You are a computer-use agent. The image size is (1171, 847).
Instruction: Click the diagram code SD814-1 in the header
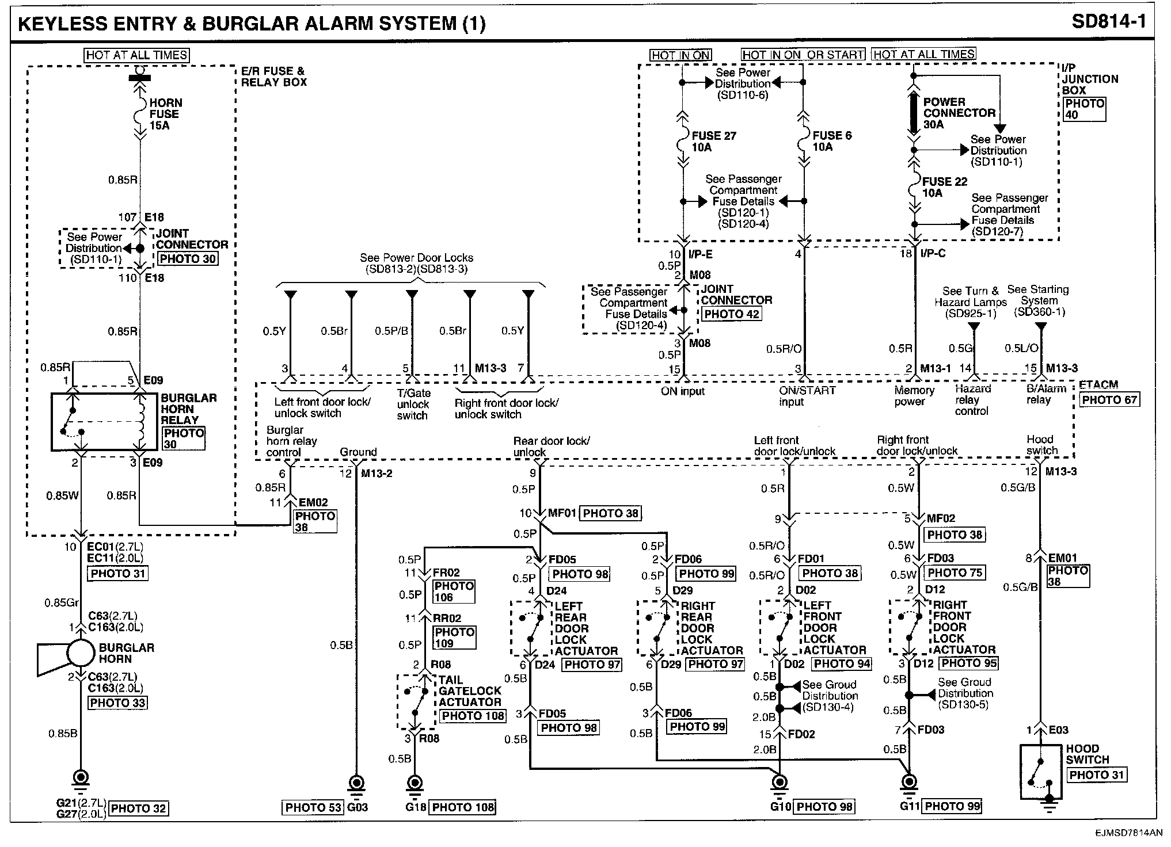click(1108, 22)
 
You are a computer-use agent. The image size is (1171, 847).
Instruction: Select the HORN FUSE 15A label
click(165, 114)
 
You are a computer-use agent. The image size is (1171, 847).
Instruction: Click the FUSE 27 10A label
click(713, 142)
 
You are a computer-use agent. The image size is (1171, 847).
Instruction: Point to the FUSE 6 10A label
click(831, 142)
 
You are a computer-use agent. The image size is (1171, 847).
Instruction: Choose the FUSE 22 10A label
click(944, 188)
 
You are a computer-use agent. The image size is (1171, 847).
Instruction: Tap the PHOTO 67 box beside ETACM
click(1109, 400)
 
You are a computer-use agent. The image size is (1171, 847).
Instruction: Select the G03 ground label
click(357, 807)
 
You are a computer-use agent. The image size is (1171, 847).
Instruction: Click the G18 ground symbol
click(414, 785)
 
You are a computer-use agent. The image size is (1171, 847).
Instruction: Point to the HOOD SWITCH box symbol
click(1040, 772)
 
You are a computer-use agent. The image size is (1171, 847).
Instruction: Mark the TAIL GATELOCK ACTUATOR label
click(470, 691)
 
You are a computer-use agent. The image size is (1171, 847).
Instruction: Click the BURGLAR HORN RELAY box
click(104, 422)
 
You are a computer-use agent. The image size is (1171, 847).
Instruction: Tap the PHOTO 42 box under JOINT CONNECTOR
click(732, 314)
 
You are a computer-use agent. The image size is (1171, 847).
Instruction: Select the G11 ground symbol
click(908, 784)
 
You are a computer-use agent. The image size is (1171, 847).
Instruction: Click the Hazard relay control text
click(972, 400)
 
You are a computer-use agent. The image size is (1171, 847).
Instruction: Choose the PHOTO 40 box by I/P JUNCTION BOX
click(1084, 109)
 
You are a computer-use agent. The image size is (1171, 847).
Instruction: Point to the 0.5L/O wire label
click(1022, 349)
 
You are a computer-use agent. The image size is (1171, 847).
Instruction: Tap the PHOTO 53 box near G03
click(313, 808)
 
